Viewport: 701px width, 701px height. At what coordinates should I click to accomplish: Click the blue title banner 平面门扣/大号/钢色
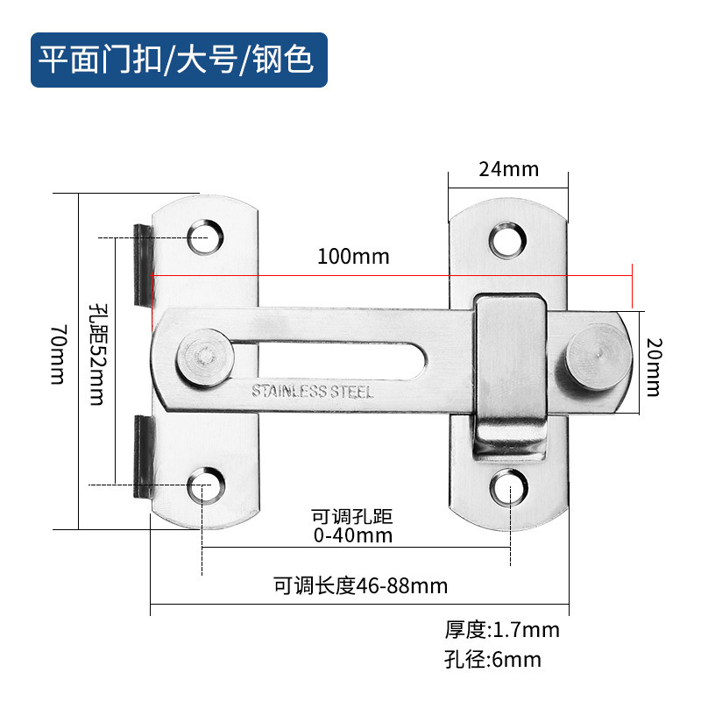point(179,60)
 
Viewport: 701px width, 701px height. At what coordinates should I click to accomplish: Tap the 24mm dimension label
point(508,169)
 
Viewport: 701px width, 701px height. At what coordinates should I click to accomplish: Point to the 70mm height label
point(58,354)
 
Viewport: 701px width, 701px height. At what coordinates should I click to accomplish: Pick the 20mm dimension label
point(652,354)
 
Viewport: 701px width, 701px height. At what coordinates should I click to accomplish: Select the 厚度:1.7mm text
point(501,629)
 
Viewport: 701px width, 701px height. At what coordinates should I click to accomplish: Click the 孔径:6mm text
point(492,659)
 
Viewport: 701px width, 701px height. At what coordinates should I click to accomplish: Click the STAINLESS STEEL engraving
point(312,392)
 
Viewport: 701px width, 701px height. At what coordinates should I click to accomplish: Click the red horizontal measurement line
point(394,276)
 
